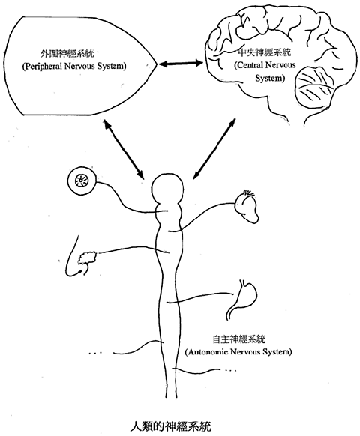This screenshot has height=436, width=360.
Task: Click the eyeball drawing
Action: pyautogui.click(x=82, y=181)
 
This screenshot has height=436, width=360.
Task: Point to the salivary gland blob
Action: pyautogui.click(x=87, y=258)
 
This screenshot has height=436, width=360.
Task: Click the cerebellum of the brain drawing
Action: pyautogui.click(x=314, y=87)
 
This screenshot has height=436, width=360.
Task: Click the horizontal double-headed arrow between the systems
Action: pyautogui.click(x=181, y=64)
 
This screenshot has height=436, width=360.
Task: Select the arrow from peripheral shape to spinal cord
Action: pyautogui.click(x=124, y=149)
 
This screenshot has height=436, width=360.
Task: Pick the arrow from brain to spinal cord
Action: pyautogui.click(x=214, y=148)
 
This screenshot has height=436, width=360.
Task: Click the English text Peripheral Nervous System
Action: pyautogui.click(x=74, y=67)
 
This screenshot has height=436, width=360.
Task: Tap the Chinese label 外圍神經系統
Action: pyautogui.click(x=67, y=53)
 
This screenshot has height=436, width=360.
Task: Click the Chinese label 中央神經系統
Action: pyautogui.click(x=265, y=52)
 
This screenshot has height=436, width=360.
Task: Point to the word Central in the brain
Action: pyautogui.click(x=249, y=66)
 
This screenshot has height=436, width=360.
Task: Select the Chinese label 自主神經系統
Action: pyautogui.click(x=239, y=339)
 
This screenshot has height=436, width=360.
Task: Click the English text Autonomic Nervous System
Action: pyautogui.click(x=238, y=352)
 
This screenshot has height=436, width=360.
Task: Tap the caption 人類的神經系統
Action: pyautogui.click(x=171, y=426)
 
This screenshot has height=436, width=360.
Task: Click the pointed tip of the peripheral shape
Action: pyautogui.click(x=157, y=64)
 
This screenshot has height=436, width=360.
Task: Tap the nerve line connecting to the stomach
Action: pyautogui.click(x=199, y=297)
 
